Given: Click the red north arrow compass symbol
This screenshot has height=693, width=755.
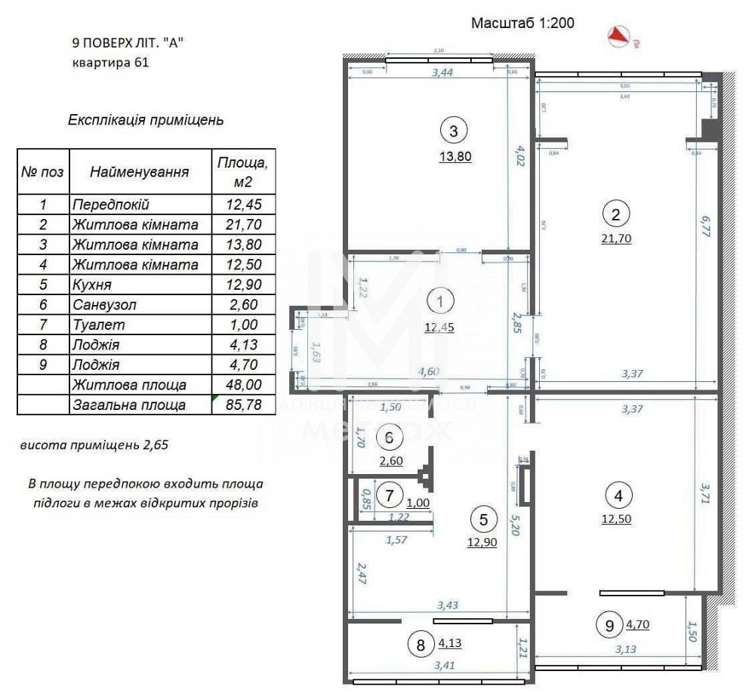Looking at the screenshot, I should tap(621, 35).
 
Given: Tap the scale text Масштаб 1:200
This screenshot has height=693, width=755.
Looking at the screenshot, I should tap(522, 23).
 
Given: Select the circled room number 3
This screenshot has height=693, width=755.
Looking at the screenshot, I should tap(453, 131).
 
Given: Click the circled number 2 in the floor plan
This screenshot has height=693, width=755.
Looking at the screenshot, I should tap(616, 214).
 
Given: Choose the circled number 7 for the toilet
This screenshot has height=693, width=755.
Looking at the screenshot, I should tap(390, 496).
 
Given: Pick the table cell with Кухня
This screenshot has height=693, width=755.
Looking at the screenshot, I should tap(140, 285).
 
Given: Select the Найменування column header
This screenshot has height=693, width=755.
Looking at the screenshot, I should tap(140, 172).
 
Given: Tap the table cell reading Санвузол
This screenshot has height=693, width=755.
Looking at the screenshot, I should tap(140, 305).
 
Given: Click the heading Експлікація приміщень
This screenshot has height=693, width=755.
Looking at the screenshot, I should tap(146, 120).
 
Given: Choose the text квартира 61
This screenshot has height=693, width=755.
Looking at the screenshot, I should tap(110, 63).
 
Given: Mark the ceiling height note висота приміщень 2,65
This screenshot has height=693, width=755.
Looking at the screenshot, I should tap(94, 445).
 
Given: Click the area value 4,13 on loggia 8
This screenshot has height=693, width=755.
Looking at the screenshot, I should tap(450, 644).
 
